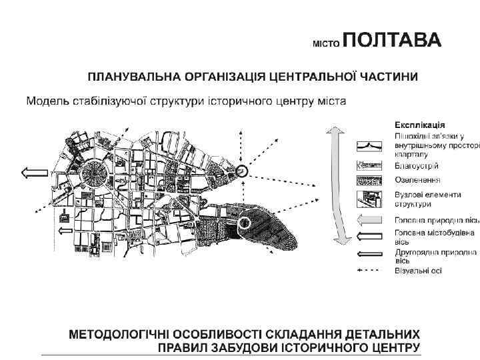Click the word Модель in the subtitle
45,101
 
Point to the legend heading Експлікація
420,125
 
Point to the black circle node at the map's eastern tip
242,173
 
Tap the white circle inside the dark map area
246,223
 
